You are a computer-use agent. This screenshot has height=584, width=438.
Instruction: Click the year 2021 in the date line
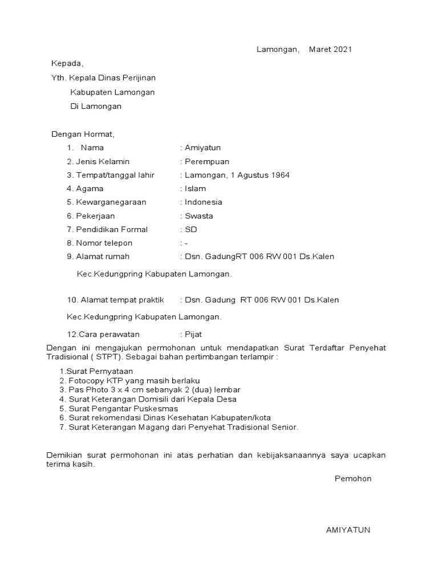(343, 50)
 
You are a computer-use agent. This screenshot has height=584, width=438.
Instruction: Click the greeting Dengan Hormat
(83, 135)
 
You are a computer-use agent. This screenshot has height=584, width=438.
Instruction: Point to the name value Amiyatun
(202, 148)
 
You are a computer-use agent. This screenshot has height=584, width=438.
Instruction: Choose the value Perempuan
(207, 162)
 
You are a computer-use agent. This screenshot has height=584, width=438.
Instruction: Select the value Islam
(196, 189)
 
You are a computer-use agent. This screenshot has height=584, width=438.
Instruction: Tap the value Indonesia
(204, 202)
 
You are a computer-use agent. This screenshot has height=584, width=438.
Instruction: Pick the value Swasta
(199, 216)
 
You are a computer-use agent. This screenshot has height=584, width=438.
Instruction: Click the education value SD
(191, 230)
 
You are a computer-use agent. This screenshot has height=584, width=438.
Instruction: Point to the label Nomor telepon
(103, 244)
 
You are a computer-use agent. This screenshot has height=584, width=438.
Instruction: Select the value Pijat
(193, 334)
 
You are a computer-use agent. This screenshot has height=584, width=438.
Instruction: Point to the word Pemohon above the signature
(353, 478)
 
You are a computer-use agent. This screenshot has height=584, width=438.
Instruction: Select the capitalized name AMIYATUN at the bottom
(348, 530)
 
